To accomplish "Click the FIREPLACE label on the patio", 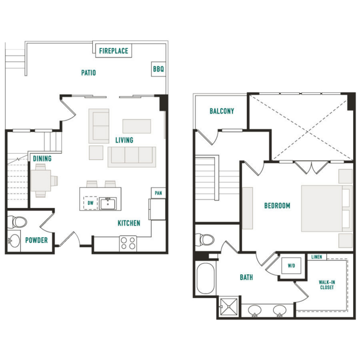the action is pyautogui.click(x=114, y=51).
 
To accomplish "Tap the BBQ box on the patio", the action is pyautogui.click(x=158, y=69).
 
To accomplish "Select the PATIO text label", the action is pyautogui.click(x=88, y=73).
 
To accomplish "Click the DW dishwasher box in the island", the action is pyautogui.click(x=91, y=203).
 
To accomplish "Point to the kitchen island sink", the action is pyautogui.click(x=108, y=203).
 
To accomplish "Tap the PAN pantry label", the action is pyautogui.click(x=158, y=193).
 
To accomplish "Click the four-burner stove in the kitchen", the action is pyautogui.click(x=128, y=243).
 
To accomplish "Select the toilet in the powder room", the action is pyautogui.click(x=17, y=222).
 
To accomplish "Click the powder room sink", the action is pyautogui.click(x=14, y=241).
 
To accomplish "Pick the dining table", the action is pyautogui.click(x=41, y=180).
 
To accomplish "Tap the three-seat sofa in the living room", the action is pyautogui.click(x=132, y=157).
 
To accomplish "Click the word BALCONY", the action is pyautogui.click(x=222, y=111).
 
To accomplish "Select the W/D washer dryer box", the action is pyautogui.click(x=291, y=266).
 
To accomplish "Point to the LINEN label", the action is pyautogui.click(x=317, y=257).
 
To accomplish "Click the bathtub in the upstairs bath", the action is pyautogui.click(x=206, y=278).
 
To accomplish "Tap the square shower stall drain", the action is pyautogui.click(x=229, y=306).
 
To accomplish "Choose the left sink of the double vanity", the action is pyautogui.click(x=255, y=310).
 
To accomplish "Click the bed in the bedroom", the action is pyautogui.click(x=327, y=208).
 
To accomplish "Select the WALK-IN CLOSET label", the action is pyautogui.click(x=327, y=285).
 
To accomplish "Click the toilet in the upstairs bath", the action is pyautogui.click(x=205, y=239).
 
